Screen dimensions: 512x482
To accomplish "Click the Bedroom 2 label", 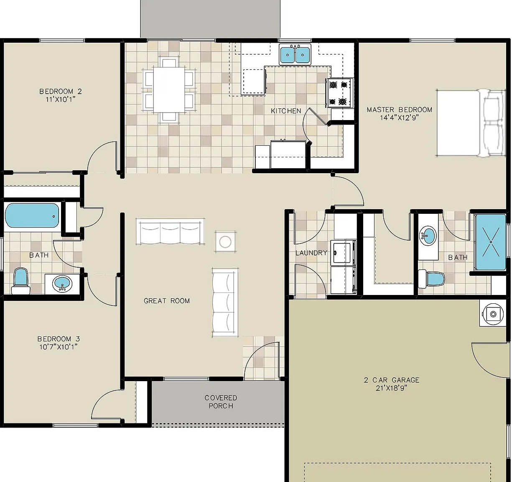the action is point(61,91).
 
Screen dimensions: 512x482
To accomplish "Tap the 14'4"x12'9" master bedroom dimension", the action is point(399,118).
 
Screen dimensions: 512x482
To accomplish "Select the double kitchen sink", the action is point(295,54).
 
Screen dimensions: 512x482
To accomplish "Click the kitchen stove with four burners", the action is point(339,93).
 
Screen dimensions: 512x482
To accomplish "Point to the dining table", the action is point(169,90).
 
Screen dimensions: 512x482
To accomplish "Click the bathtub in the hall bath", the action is point(32,215).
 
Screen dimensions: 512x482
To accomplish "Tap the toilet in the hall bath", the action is point(20,281).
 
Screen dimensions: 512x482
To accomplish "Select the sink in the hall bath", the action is point(62,284).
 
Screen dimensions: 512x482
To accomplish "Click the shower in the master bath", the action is point(490,242).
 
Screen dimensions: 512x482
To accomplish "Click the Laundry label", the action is point(311,253).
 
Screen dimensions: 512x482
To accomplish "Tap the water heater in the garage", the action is point(493,314).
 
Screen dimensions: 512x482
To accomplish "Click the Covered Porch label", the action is point(221,402).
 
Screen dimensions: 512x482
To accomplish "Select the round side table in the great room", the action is point(225,242).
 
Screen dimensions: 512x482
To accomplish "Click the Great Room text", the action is point(166,301).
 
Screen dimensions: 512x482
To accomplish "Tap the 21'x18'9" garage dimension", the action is point(391,388).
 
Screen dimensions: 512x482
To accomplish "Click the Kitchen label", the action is point(286,111).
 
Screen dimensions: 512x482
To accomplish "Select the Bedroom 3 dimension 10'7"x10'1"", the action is point(58,347).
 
